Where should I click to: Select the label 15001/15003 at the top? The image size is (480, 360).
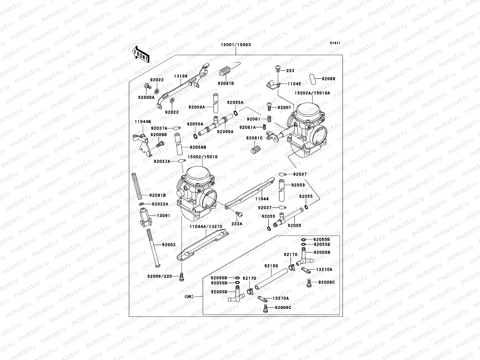235,45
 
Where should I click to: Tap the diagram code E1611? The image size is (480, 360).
335,43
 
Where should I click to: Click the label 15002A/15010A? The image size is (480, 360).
312,93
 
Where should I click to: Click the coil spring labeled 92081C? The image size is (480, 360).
255,148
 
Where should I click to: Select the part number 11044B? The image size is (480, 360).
143,122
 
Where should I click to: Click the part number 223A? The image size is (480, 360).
236,223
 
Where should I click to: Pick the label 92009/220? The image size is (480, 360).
160,276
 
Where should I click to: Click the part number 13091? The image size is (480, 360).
163,215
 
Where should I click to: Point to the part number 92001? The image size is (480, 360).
284,107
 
